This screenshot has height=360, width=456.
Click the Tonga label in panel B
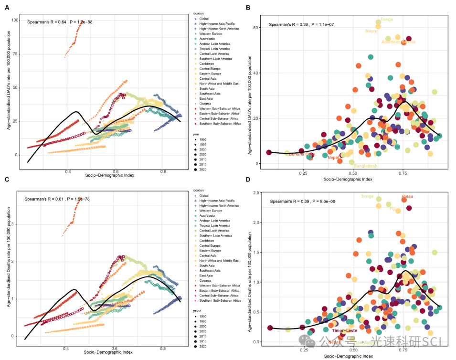pyautogui.click(x=387, y=19)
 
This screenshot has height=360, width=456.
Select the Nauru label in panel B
pyautogui.click(x=371, y=31)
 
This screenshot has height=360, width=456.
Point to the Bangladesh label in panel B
pyautogui.click(x=366, y=166)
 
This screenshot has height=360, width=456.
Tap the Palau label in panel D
pyautogui.click(x=407, y=196)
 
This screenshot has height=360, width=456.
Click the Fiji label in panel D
pyautogui.click(x=393, y=209)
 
